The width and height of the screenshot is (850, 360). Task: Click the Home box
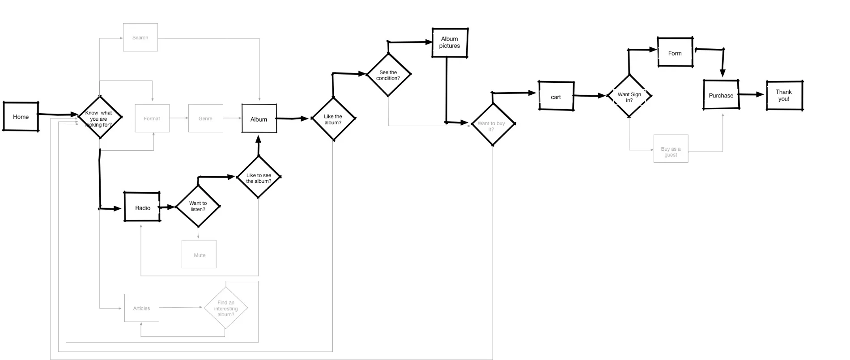(21, 117)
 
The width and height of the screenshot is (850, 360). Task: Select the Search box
(140, 38)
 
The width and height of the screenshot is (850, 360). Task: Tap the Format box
(152, 119)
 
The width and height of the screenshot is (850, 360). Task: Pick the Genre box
(205, 119)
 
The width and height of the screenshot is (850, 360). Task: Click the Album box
(259, 119)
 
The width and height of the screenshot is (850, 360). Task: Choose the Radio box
(142, 208)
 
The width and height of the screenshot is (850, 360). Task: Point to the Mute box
(199, 254)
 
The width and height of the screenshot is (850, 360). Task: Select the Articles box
(141, 308)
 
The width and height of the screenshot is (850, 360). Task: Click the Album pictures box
(450, 43)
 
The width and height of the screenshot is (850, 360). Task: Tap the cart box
(556, 96)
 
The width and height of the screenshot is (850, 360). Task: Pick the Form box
(675, 53)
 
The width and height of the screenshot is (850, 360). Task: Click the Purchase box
(721, 95)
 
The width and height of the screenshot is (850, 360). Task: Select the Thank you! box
(784, 95)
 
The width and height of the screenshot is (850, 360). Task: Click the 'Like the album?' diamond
(333, 119)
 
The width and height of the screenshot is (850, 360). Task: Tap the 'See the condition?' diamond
(388, 75)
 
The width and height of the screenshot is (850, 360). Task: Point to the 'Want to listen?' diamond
(198, 206)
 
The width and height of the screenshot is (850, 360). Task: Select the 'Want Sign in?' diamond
(629, 97)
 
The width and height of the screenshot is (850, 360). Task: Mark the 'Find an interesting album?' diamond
(226, 308)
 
